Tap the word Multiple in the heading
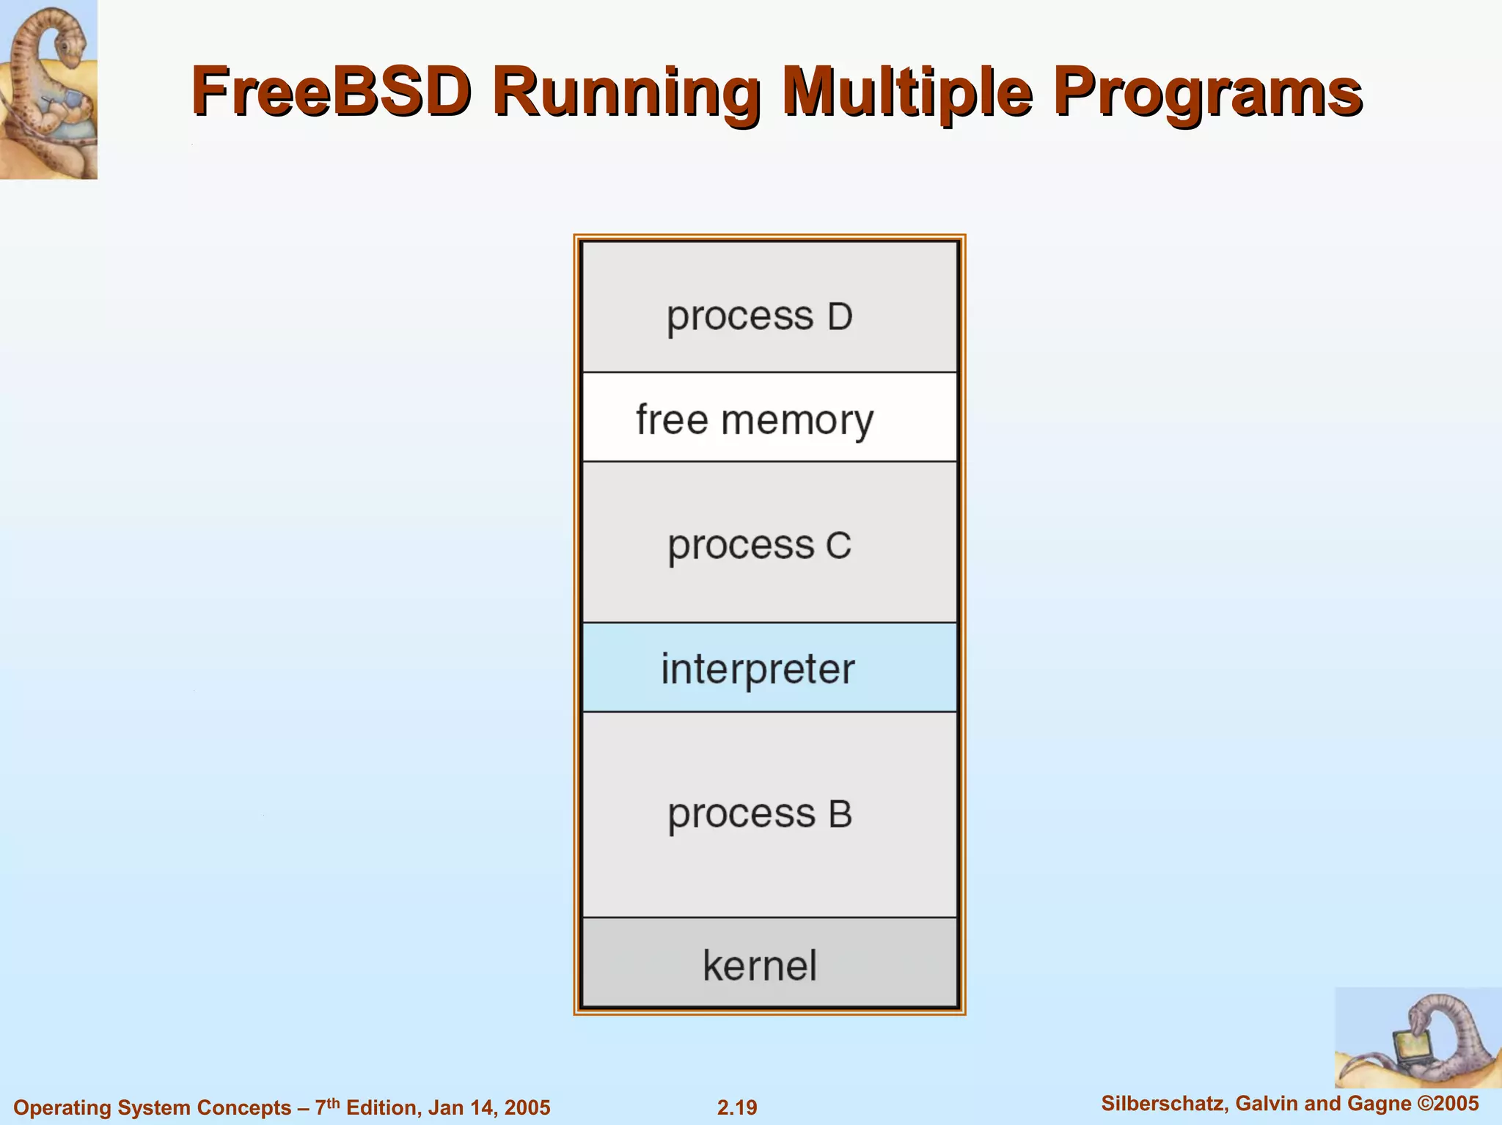908,92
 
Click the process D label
759,317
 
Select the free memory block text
755,420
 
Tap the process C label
759,546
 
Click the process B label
759,814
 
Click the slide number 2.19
737,1107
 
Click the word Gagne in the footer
1380,1104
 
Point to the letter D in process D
840,317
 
